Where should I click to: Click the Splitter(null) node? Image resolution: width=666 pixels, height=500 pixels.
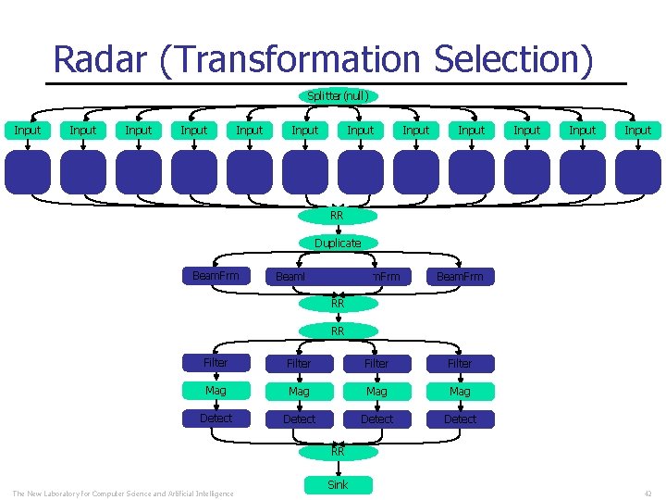pos(338,95)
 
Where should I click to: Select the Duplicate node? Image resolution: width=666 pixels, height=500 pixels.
pos(338,244)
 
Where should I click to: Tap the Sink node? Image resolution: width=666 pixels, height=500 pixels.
pos(338,484)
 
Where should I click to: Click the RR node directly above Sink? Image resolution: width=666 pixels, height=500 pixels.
pos(338,452)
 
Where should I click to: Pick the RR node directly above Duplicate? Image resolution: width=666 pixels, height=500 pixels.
pos(338,216)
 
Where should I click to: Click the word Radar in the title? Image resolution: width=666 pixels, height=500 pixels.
pos(99,59)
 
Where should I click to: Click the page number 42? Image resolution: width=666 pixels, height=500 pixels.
pos(647,493)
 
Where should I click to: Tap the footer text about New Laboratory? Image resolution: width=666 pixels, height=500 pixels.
pos(122,493)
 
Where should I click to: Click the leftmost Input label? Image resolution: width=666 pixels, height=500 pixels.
pos(28,131)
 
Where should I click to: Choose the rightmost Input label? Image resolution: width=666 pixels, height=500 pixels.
pos(638,131)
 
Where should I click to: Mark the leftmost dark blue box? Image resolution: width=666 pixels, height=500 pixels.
pos(28,172)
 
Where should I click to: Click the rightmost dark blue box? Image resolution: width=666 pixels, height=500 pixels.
pos(638,172)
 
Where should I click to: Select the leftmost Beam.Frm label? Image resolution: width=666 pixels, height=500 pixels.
pos(216,276)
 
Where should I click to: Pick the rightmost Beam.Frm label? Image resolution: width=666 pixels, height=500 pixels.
pos(460,276)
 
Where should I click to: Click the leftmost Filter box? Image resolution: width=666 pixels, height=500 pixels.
pos(216,364)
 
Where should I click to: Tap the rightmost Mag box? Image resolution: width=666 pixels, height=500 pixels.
pos(460,392)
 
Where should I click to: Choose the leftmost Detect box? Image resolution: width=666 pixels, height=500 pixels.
pos(216,419)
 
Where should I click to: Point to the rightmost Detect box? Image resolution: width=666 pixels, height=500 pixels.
pos(460,419)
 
